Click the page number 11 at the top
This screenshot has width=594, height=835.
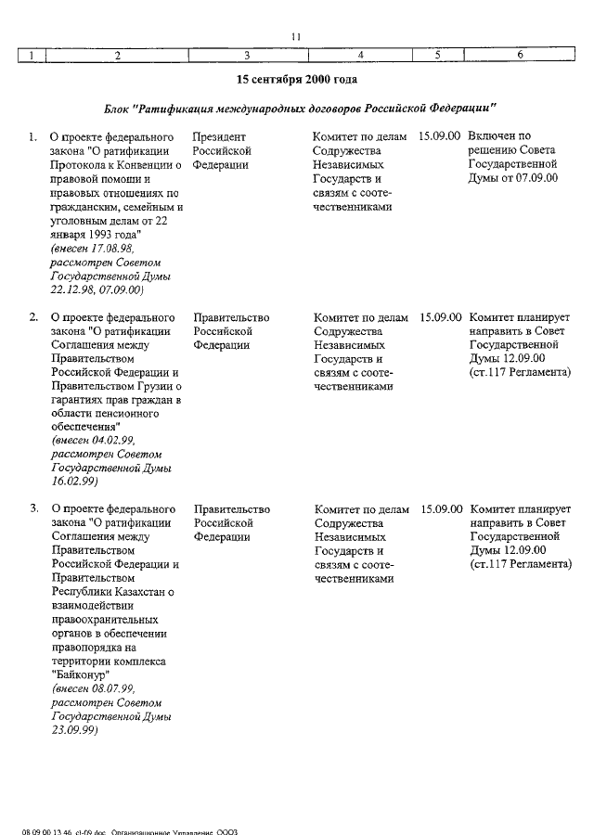[x=295, y=36]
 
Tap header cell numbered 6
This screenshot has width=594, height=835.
[x=521, y=56]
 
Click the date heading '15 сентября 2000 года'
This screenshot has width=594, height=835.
[x=296, y=81]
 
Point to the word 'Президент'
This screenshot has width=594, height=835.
[x=219, y=136]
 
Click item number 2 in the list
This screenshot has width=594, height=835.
[x=33, y=317]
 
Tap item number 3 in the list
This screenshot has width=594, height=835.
[x=33, y=509]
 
